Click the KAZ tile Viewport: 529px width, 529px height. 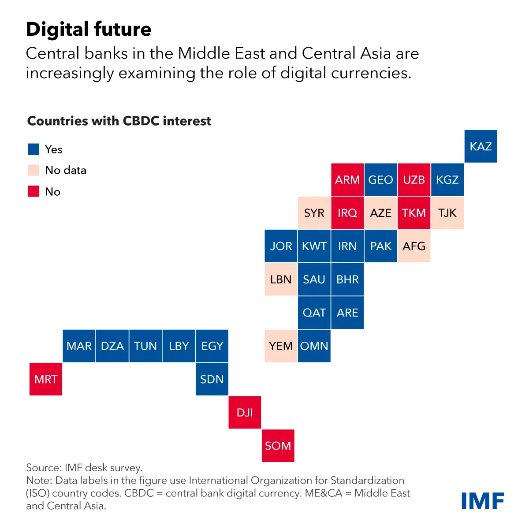pyautogui.click(x=481, y=146)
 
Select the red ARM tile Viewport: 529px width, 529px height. pyautogui.click(x=347, y=180)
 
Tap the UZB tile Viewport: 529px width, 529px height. pyautogui.click(x=414, y=180)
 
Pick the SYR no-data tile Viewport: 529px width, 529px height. pyautogui.click(x=314, y=213)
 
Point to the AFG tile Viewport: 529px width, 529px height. pyautogui.click(x=414, y=246)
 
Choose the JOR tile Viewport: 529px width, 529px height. pyautogui.click(x=281, y=246)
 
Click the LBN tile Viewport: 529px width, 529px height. pyautogui.click(x=281, y=279)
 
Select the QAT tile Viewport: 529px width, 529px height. pyautogui.click(x=314, y=313)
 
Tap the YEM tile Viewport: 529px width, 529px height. pyautogui.click(x=281, y=346)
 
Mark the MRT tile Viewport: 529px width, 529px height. pyautogui.click(x=46, y=379)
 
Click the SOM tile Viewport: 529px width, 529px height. pyautogui.click(x=278, y=446)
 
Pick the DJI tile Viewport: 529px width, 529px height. pyautogui.click(x=245, y=413)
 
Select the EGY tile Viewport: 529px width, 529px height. pyautogui.click(x=212, y=346)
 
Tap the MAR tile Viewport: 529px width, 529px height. pyautogui.click(x=79, y=346)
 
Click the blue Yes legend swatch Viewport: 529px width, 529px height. pyautogui.click(x=34, y=149)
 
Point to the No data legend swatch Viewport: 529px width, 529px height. pyautogui.click(x=34, y=170)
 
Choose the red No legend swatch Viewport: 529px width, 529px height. pyautogui.click(x=34, y=191)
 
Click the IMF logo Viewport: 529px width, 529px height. pyautogui.click(x=482, y=501)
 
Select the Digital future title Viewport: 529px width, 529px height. pyautogui.click(x=89, y=30)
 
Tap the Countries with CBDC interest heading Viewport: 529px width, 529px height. pyautogui.click(x=119, y=121)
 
